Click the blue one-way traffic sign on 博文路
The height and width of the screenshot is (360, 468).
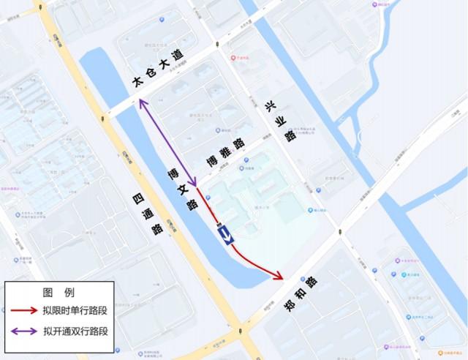click(225, 234)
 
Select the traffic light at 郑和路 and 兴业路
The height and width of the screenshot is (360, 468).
click(339, 232)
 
